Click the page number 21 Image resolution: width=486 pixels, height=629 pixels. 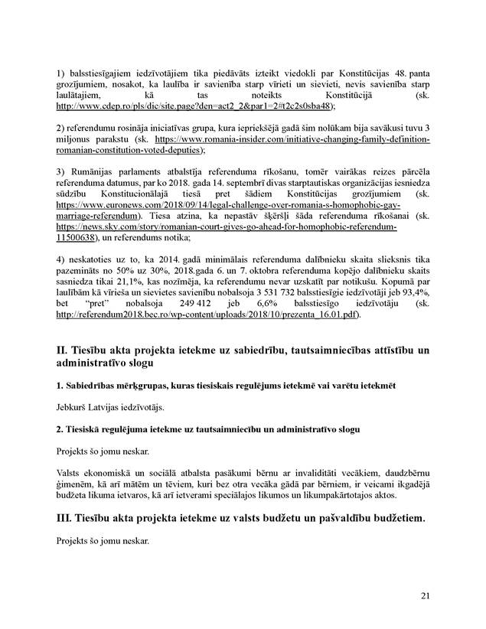pyautogui.click(x=426, y=596)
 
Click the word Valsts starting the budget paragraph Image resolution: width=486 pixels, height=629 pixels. pyautogui.click(x=70, y=472)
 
